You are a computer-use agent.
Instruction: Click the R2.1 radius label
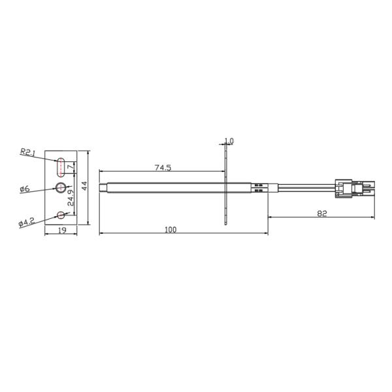[x=27, y=152]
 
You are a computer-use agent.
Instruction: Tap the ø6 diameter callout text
[x=25, y=189]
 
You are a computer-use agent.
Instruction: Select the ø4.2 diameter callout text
[x=26, y=222]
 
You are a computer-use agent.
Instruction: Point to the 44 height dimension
[x=85, y=186]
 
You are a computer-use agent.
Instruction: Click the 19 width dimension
[x=62, y=230]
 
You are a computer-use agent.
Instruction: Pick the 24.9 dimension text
[x=71, y=197]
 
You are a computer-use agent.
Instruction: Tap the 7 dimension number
[x=71, y=168]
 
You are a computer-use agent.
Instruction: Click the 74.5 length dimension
[x=163, y=167]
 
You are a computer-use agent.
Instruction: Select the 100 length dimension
[x=171, y=229]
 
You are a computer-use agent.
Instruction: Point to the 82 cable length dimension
[x=322, y=214]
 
